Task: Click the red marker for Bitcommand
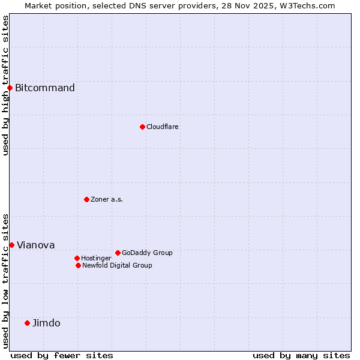(10, 88)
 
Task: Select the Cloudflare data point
(142, 127)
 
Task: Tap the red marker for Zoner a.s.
(86, 199)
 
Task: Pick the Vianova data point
(11, 245)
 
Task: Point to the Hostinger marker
(77, 258)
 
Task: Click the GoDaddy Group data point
(118, 253)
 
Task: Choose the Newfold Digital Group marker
(78, 265)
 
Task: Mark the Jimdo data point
(27, 323)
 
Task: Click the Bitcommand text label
(45, 88)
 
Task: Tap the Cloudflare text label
(163, 127)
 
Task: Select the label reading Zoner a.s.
(107, 199)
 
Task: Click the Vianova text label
(35, 245)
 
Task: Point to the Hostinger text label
(96, 258)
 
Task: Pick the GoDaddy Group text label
(147, 253)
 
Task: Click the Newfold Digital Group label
(117, 265)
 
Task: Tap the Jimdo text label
(46, 323)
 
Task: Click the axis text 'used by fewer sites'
(62, 355)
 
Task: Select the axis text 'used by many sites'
(301, 355)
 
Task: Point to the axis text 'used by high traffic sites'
(5, 85)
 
